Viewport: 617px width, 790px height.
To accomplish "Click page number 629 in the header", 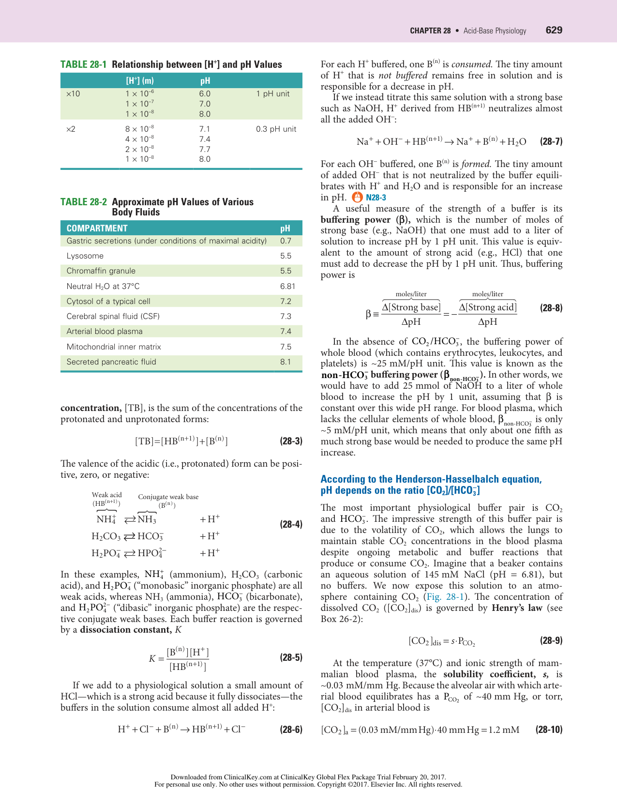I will (x=554, y=30).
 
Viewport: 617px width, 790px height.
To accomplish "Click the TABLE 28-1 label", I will (x=83, y=64).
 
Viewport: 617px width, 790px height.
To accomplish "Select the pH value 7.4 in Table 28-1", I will (x=205, y=139).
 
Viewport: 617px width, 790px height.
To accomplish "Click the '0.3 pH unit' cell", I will (x=276, y=129).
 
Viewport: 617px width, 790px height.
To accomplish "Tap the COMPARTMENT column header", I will (x=97, y=228).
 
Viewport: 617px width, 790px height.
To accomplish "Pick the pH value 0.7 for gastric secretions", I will (x=286, y=241).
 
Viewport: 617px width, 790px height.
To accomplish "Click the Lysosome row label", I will (x=85, y=256).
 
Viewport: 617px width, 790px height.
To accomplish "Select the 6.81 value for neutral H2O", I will (x=287, y=286).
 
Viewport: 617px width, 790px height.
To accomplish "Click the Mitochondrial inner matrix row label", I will (x=114, y=347).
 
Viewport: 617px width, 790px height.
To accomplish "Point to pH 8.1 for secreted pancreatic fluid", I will (x=286, y=362).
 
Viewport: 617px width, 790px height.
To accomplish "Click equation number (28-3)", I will (x=291, y=441).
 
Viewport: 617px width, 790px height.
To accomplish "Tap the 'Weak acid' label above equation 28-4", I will (x=106, y=495).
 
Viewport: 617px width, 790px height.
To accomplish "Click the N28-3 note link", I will (x=376, y=197).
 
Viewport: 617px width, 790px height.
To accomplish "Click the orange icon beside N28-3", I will (x=357, y=197).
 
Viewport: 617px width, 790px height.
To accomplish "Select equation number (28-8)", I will (x=551, y=308).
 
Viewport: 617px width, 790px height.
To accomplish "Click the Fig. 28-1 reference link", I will (x=440, y=597).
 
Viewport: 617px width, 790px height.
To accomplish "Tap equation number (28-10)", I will (x=549, y=729).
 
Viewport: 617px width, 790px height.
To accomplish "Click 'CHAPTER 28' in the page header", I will (x=430, y=30).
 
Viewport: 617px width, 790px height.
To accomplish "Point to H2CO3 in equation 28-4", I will (x=106, y=536).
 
